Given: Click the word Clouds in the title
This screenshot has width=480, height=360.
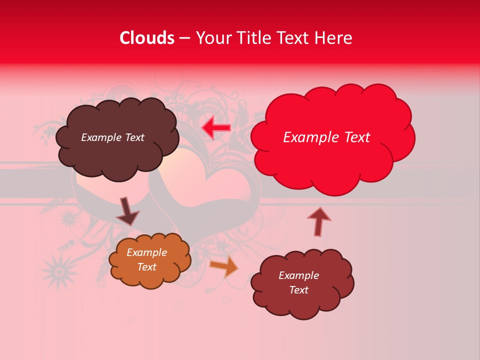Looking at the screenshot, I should point(147,38).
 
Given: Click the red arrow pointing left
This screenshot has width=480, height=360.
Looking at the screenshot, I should point(216,128).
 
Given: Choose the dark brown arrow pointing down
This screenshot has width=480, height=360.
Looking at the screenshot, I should point(127,211).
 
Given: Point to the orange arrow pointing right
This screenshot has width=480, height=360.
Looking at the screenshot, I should point(224,266).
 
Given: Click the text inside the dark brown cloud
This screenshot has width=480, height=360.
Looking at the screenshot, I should point(112,137).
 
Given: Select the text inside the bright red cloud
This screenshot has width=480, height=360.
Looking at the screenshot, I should point(326,137).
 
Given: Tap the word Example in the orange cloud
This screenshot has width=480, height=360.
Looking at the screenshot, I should point(146,252).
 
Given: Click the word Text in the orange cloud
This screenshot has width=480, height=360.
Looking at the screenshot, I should point(146,267).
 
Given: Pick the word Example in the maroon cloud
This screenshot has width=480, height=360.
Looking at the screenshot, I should point(298,275).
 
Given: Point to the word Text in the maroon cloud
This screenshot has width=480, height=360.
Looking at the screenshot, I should point(298,290).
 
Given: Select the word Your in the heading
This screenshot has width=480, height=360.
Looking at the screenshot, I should point(212,38).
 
